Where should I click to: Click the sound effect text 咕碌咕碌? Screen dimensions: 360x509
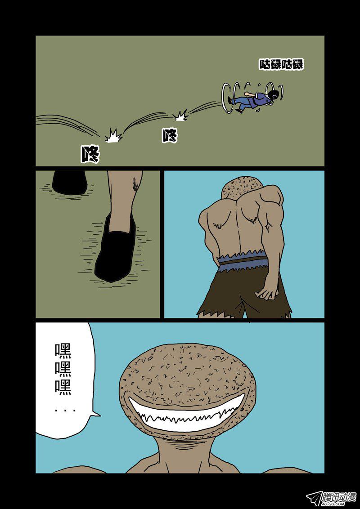pyautogui.click(x=281, y=64)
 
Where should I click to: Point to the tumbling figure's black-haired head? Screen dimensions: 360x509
pyautogui.click(x=273, y=94)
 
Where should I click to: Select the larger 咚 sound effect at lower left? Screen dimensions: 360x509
pyautogui.click(x=90, y=153)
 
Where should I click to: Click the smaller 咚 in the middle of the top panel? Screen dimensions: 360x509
pyautogui.click(x=170, y=135)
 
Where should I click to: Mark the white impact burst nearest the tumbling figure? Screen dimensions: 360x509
pyautogui.click(x=180, y=115)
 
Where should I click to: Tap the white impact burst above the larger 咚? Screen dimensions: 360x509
pyautogui.click(x=114, y=135)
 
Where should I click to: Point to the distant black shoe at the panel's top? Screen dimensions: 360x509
pyautogui.click(x=70, y=183)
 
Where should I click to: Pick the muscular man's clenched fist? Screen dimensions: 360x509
pyautogui.click(x=266, y=293)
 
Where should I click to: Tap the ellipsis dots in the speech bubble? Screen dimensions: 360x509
pyautogui.click(x=65, y=411)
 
